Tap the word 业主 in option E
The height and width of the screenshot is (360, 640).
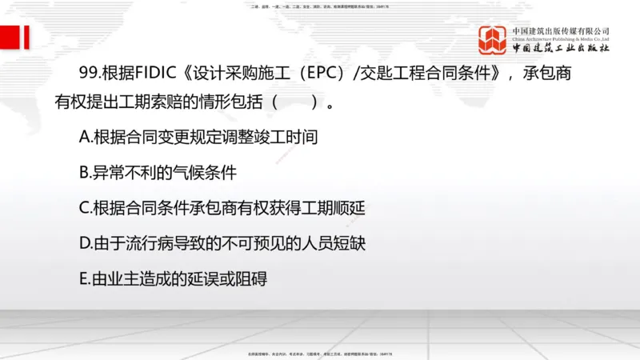[129, 278]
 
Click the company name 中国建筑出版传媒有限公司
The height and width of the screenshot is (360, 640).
[561, 31]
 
